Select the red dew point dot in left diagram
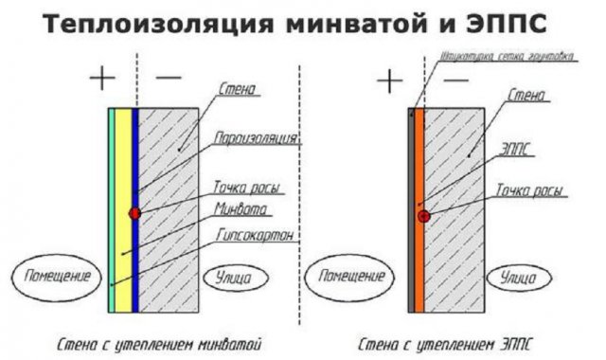tap(134, 213)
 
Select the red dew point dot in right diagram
tap(423, 216)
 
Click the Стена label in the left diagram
tap(237, 90)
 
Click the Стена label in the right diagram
tap(526, 96)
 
